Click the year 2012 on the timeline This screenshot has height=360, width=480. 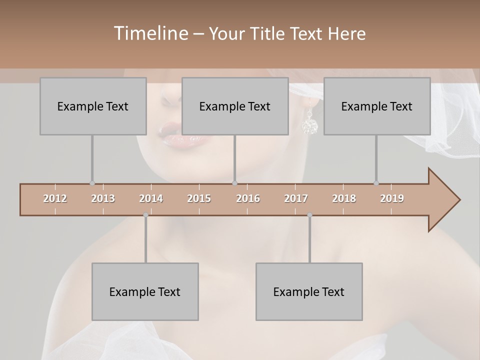[x=55, y=198]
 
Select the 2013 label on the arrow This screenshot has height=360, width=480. [x=103, y=198]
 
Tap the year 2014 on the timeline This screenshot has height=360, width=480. [x=151, y=198]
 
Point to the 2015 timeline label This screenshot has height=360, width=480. [x=199, y=198]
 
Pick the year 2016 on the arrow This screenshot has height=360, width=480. [x=248, y=198]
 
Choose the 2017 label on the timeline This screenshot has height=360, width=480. [x=296, y=198]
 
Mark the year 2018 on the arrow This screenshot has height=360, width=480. [x=344, y=198]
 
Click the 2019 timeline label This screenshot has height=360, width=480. [x=392, y=198]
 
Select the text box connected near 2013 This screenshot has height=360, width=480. [x=93, y=106]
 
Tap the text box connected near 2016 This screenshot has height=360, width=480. [x=235, y=106]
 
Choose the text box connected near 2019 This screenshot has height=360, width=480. [x=377, y=106]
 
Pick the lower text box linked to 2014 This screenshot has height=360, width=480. [x=145, y=291]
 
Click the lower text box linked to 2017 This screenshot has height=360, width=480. [x=309, y=291]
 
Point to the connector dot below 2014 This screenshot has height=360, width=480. [x=145, y=215]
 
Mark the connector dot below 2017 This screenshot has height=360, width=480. [x=309, y=215]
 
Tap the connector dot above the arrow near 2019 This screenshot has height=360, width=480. [x=376, y=183]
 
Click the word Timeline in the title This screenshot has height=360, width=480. [x=149, y=33]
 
